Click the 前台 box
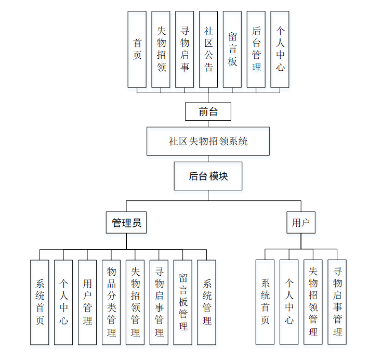208,111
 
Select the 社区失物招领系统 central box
208,141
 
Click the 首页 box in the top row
137,49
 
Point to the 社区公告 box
208,49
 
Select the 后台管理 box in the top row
256,49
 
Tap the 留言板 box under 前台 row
232,49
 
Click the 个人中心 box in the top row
280,49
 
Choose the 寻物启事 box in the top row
184,49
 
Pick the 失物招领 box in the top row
161,49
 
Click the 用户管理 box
87,302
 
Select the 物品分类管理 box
111,302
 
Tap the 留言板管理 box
183,302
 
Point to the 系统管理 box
207,302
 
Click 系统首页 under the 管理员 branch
39,302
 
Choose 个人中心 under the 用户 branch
289,302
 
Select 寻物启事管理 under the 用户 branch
337,302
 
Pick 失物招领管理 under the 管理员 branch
135,302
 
